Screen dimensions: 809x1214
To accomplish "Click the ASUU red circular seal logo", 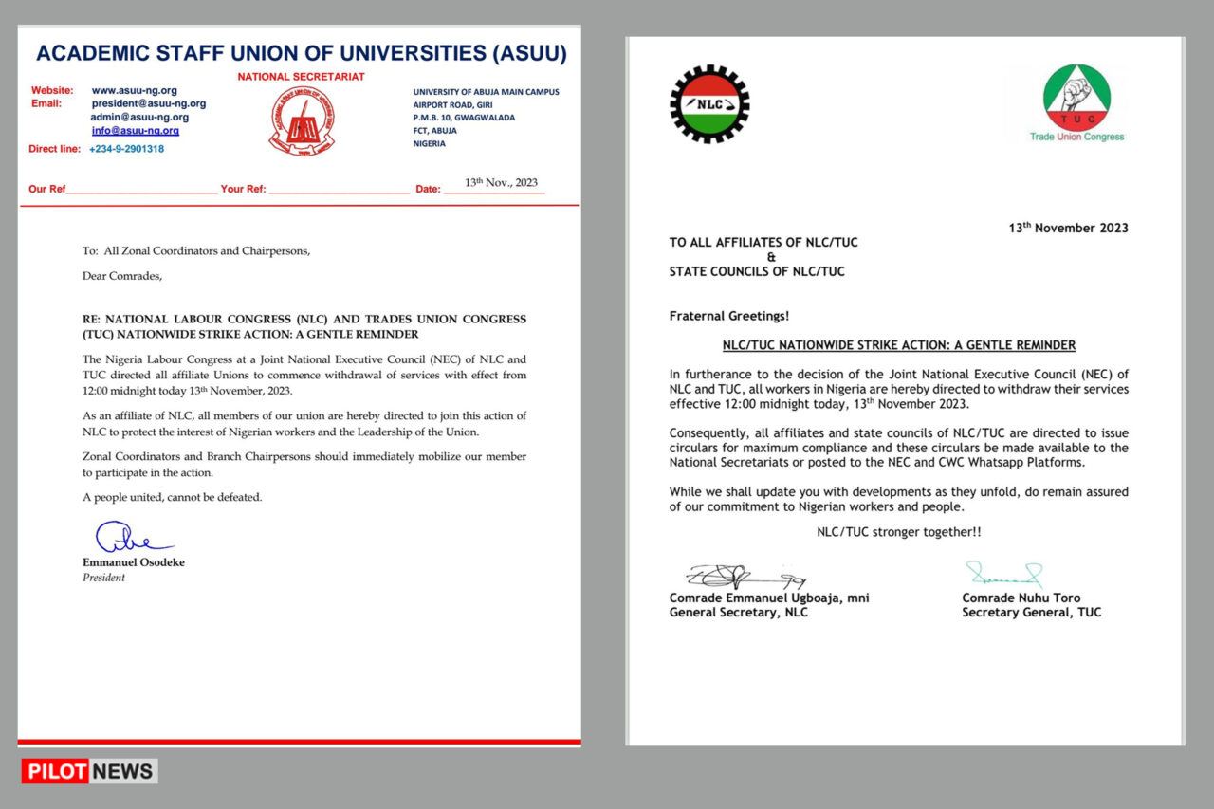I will click(x=301, y=120).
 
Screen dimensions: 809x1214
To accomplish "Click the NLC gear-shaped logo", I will click(x=709, y=103).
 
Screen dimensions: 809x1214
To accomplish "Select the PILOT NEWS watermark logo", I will click(x=90, y=771).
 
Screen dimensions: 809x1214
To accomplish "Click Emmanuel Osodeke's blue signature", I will click(x=131, y=538).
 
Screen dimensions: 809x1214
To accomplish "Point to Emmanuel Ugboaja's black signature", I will click(x=745, y=576).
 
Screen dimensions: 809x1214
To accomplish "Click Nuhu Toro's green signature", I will click(x=1003, y=574).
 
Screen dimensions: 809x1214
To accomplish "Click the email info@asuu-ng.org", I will click(x=136, y=131).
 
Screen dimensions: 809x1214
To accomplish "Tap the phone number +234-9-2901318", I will click(x=126, y=149).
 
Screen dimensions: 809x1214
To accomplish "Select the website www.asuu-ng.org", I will click(x=134, y=91).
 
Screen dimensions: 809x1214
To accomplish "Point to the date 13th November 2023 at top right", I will click(x=1068, y=228).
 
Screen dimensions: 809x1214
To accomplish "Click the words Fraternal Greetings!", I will click(x=729, y=316).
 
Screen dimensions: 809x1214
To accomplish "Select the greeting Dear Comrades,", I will click(x=109, y=277).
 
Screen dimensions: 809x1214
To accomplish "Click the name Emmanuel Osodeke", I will click(x=134, y=562).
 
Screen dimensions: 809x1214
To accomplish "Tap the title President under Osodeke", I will click(x=103, y=578).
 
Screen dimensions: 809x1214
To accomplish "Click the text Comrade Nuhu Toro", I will click(x=1021, y=598).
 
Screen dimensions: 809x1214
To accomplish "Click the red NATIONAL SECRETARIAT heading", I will click(x=301, y=76).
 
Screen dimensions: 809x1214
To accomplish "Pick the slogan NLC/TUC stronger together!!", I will click(x=898, y=532).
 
